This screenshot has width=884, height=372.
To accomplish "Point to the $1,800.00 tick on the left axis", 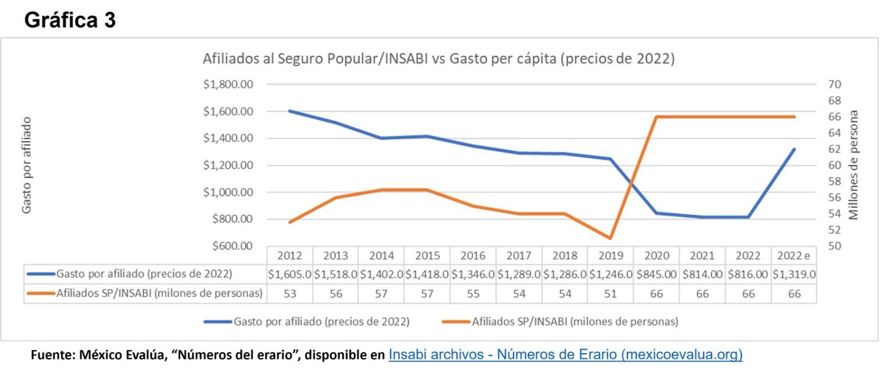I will pos(229,84).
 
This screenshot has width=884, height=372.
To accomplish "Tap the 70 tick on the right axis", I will pos(835,84).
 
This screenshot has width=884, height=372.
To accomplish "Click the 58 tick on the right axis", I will pos(835,181).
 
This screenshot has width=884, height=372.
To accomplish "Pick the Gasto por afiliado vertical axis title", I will pos(27,165).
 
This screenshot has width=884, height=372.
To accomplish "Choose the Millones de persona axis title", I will pos(853,165).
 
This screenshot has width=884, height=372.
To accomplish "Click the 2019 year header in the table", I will pos(611,256).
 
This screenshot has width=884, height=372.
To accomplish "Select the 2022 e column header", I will pos(794,256).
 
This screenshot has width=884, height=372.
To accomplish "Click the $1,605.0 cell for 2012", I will pos(290,274).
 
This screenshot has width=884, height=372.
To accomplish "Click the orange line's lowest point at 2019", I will pos(611,238).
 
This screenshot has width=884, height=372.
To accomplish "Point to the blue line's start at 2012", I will pos(290,111).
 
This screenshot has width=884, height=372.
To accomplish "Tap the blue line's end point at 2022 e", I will pos(794,149).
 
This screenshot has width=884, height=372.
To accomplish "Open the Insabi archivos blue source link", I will pos(565,355).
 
